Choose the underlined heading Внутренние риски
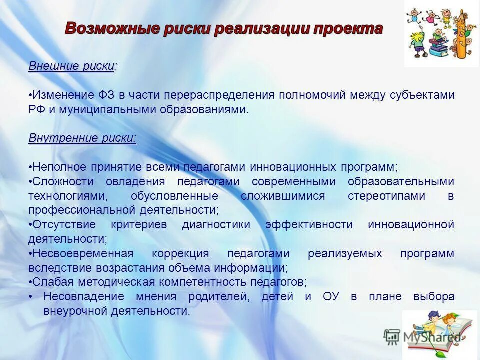82,138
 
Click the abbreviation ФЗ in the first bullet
107,95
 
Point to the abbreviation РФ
36,109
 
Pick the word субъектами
424,95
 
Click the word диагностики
216,225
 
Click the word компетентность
207,282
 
